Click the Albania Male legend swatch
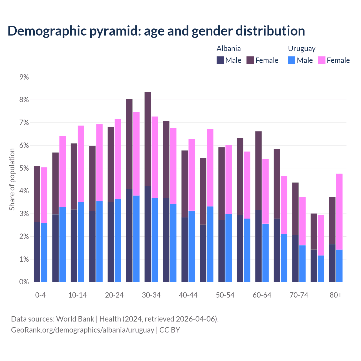pos(220,60)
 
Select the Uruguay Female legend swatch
pos(322,60)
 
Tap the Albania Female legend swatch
pos(250,60)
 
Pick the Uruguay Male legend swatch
pos(292,60)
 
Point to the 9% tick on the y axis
pos(24,77)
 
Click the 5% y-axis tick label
pos(24,168)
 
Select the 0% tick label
pos(24,282)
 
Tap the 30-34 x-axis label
pos(151,295)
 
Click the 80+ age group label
pos(336,295)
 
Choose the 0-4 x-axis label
pos(40,295)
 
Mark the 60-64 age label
pos(262,295)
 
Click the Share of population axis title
pos(12,179)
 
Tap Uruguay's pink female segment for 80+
pos(339,212)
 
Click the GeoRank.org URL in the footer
pos(82,330)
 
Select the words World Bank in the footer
pos(75,319)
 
